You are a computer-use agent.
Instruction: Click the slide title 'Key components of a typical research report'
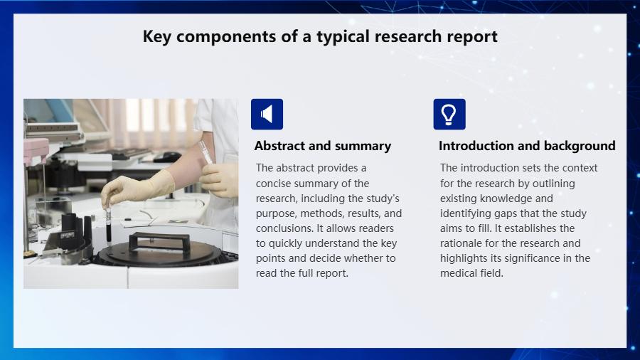320,36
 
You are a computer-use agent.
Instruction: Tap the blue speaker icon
267,115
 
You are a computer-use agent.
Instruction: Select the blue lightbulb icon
449,115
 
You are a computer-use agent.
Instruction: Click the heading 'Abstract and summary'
322,146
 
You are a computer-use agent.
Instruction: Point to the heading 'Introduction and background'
527,146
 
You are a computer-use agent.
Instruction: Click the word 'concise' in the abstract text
274,184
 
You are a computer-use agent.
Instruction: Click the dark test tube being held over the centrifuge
109,226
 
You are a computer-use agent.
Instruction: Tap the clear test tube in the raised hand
205,152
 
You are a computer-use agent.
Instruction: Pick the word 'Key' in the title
156,36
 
